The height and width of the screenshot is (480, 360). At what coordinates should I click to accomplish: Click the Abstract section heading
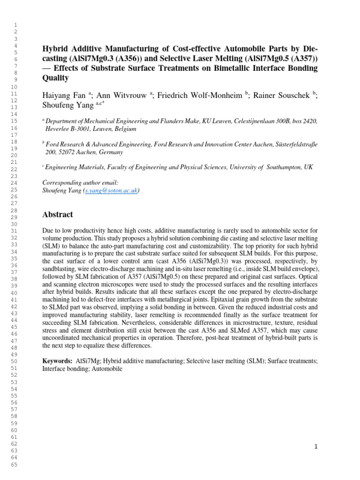[x=58, y=215]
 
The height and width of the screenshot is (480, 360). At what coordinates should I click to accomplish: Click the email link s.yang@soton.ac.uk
[x=111, y=191]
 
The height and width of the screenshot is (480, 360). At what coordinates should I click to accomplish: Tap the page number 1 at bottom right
[x=316, y=447]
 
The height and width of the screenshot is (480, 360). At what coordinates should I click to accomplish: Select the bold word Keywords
[x=56, y=361]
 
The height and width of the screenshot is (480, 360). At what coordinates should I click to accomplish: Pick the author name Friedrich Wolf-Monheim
[x=200, y=96]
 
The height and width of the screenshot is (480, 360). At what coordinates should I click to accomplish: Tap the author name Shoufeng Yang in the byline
[x=63, y=106]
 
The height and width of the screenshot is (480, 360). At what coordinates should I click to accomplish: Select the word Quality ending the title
[x=55, y=78]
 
